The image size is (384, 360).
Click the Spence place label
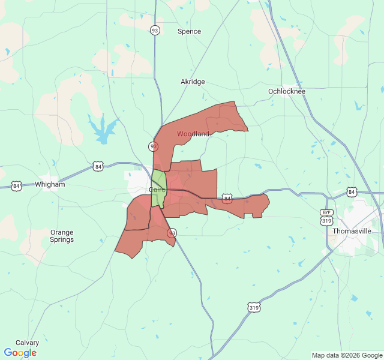coord(189,31)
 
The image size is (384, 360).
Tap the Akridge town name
coord(193,82)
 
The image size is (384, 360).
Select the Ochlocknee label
coord(287,91)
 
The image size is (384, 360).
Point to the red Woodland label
coord(193,134)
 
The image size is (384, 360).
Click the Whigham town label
coord(50,185)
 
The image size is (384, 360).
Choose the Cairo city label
coord(157,190)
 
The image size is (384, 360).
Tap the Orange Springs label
coord(62,236)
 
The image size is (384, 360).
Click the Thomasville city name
coord(352,231)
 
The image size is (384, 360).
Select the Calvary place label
coord(27,343)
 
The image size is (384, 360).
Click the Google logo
coord(20,353)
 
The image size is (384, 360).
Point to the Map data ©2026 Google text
coord(347,355)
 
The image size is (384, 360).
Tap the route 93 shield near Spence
coord(155,31)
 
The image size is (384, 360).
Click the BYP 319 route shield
coord(326,217)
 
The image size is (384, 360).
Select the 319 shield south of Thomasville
coord(254,307)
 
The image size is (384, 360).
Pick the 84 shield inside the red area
coord(227,198)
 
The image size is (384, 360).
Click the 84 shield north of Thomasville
coord(352,192)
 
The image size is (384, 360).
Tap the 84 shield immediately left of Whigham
coord(16,186)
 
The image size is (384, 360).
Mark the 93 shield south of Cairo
coord(172,233)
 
